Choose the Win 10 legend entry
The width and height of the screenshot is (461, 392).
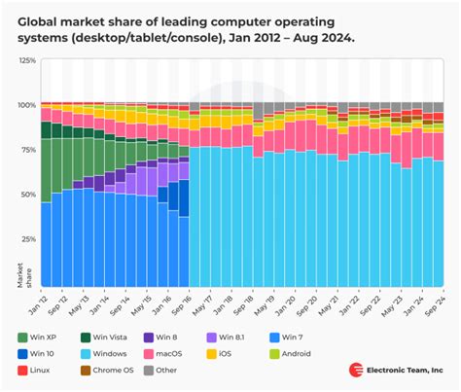(40, 353)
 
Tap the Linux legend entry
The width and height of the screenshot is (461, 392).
(38, 371)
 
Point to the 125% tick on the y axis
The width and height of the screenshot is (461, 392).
(26, 60)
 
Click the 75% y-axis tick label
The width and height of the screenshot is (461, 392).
(28, 149)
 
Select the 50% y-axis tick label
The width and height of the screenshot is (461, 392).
(28, 194)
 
